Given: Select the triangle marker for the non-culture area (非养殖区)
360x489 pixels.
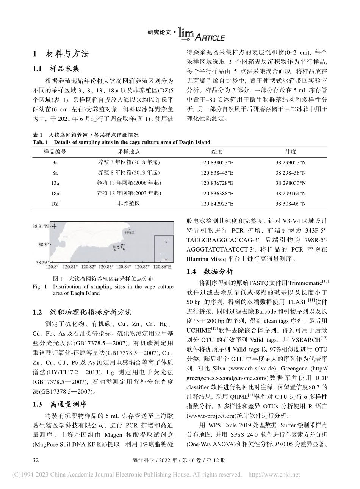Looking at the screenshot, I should (130, 230).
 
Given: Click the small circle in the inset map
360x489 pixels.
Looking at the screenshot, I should (166, 241).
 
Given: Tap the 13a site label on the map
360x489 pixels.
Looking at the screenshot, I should (123, 250).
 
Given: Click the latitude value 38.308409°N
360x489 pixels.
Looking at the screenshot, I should (290, 203).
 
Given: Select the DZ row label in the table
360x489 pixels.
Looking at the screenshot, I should (55, 203).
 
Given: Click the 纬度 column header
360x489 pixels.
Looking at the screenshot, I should (290, 152).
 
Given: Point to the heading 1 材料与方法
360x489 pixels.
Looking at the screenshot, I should (61, 54).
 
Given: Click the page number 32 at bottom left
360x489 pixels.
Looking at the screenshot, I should (37, 460).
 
